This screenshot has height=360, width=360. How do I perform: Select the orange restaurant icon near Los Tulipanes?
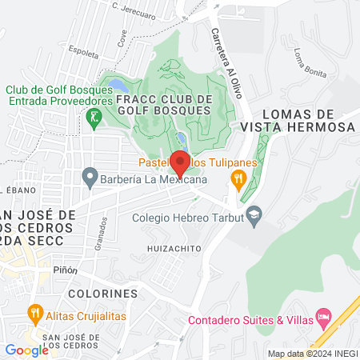[238, 178]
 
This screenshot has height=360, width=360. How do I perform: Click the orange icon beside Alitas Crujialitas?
[34, 311]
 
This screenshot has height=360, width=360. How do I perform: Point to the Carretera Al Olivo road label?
[227, 64]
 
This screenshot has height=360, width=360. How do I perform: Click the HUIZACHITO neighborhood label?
[173, 249]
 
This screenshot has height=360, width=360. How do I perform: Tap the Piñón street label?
[65, 270]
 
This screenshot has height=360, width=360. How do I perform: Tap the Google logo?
[26, 350]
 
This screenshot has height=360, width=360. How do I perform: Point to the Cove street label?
[122, 38]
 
